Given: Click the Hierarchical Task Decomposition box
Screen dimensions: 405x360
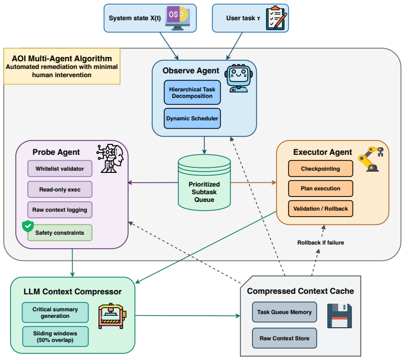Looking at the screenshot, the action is [192, 92].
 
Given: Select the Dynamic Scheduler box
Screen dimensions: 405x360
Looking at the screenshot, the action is [192, 119].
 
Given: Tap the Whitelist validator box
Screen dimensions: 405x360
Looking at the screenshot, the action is [60, 169].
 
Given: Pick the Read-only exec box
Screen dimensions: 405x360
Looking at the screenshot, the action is [60, 189].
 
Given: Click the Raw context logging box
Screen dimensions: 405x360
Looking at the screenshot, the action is [60, 210].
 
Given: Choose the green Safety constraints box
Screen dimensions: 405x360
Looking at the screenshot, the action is [60, 233].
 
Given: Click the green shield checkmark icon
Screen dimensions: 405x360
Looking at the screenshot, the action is [28, 227].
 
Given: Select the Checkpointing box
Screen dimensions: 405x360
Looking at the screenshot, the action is [321, 169].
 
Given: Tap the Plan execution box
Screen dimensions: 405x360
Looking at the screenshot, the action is [321, 189].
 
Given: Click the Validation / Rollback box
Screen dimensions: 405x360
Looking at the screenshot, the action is [321, 208].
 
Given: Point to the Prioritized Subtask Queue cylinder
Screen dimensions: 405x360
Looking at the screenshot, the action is [204, 183].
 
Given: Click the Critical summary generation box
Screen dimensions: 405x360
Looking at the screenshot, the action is [55, 312].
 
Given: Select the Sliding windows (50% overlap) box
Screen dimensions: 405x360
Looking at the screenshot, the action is [55, 336].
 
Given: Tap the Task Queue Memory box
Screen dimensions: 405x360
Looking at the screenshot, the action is [285, 312].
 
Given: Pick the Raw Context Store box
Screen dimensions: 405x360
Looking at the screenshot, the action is [285, 338].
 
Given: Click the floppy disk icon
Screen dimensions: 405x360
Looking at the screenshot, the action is [339, 316].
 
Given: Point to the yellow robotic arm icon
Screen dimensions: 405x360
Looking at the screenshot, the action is [371, 159].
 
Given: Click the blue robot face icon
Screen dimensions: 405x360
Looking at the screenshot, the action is [239, 78].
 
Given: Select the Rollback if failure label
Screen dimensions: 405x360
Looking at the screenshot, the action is [321, 243].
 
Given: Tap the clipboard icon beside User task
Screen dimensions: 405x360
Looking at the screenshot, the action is [276, 18].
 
